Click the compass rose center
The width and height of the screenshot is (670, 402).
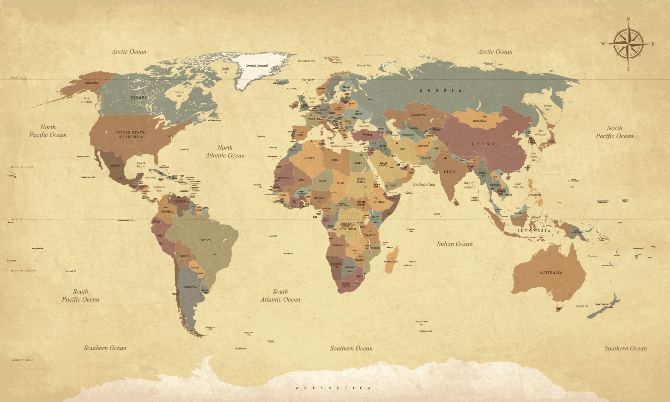(x=628, y=44)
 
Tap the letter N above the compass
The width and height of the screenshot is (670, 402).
(x=628, y=19)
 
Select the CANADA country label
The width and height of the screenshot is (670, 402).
(x=139, y=97)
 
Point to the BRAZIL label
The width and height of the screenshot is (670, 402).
(x=206, y=240)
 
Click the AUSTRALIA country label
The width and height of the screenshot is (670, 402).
(x=551, y=272)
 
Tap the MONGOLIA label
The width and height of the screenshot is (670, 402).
(x=479, y=121)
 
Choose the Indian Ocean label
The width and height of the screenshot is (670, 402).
(x=454, y=244)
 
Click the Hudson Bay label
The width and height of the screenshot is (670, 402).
(x=179, y=94)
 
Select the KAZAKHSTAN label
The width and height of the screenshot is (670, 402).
(x=418, y=115)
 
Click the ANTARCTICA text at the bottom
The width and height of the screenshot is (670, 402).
(x=333, y=388)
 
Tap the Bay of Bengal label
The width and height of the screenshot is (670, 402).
(x=469, y=185)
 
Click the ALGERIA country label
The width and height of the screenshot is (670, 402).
(x=309, y=158)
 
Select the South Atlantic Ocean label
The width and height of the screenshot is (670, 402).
(x=280, y=295)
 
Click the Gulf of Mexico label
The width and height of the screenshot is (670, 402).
(x=141, y=165)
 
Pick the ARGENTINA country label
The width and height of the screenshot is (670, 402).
(x=190, y=287)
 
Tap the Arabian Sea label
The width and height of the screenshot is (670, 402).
(x=424, y=184)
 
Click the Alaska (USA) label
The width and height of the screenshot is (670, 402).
(x=92, y=82)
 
